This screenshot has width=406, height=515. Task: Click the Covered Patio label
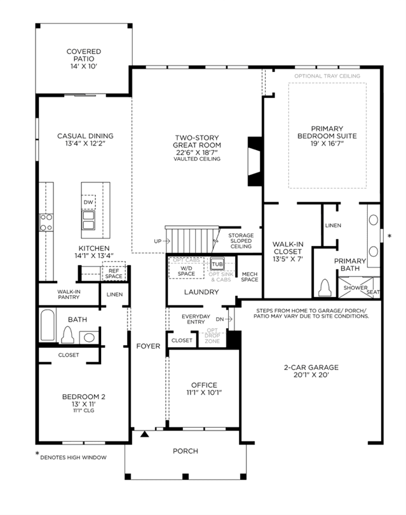tap(84, 58)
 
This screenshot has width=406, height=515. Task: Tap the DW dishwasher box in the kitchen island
tap(88, 202)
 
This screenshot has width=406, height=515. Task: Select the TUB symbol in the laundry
tap(217, 264)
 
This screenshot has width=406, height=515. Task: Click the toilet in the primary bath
tap(325, 288)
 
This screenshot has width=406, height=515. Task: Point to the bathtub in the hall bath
tap(48, 325)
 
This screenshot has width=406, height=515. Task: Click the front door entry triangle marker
tap(145, 434)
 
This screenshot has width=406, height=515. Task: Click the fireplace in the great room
tap(255, 161)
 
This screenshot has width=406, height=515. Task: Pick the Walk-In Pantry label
tap(69, 294)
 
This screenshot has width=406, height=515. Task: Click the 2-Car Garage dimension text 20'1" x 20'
tap(311, 374)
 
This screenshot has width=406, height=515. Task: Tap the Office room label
tap(204, 385)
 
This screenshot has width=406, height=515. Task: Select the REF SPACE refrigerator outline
tap(114, 271)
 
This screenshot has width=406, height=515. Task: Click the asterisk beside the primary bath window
tap(389, 236)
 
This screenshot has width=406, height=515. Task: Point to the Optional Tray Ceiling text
tap(327, 76)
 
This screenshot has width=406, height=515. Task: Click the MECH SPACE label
tap(250, 277)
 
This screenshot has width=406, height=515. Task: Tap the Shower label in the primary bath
tap(355, 288)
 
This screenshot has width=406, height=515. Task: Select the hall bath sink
tap(90, 338)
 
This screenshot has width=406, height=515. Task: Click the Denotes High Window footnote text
tap(73, 457)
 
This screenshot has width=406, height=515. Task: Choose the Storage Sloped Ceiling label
tap(241, 241)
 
